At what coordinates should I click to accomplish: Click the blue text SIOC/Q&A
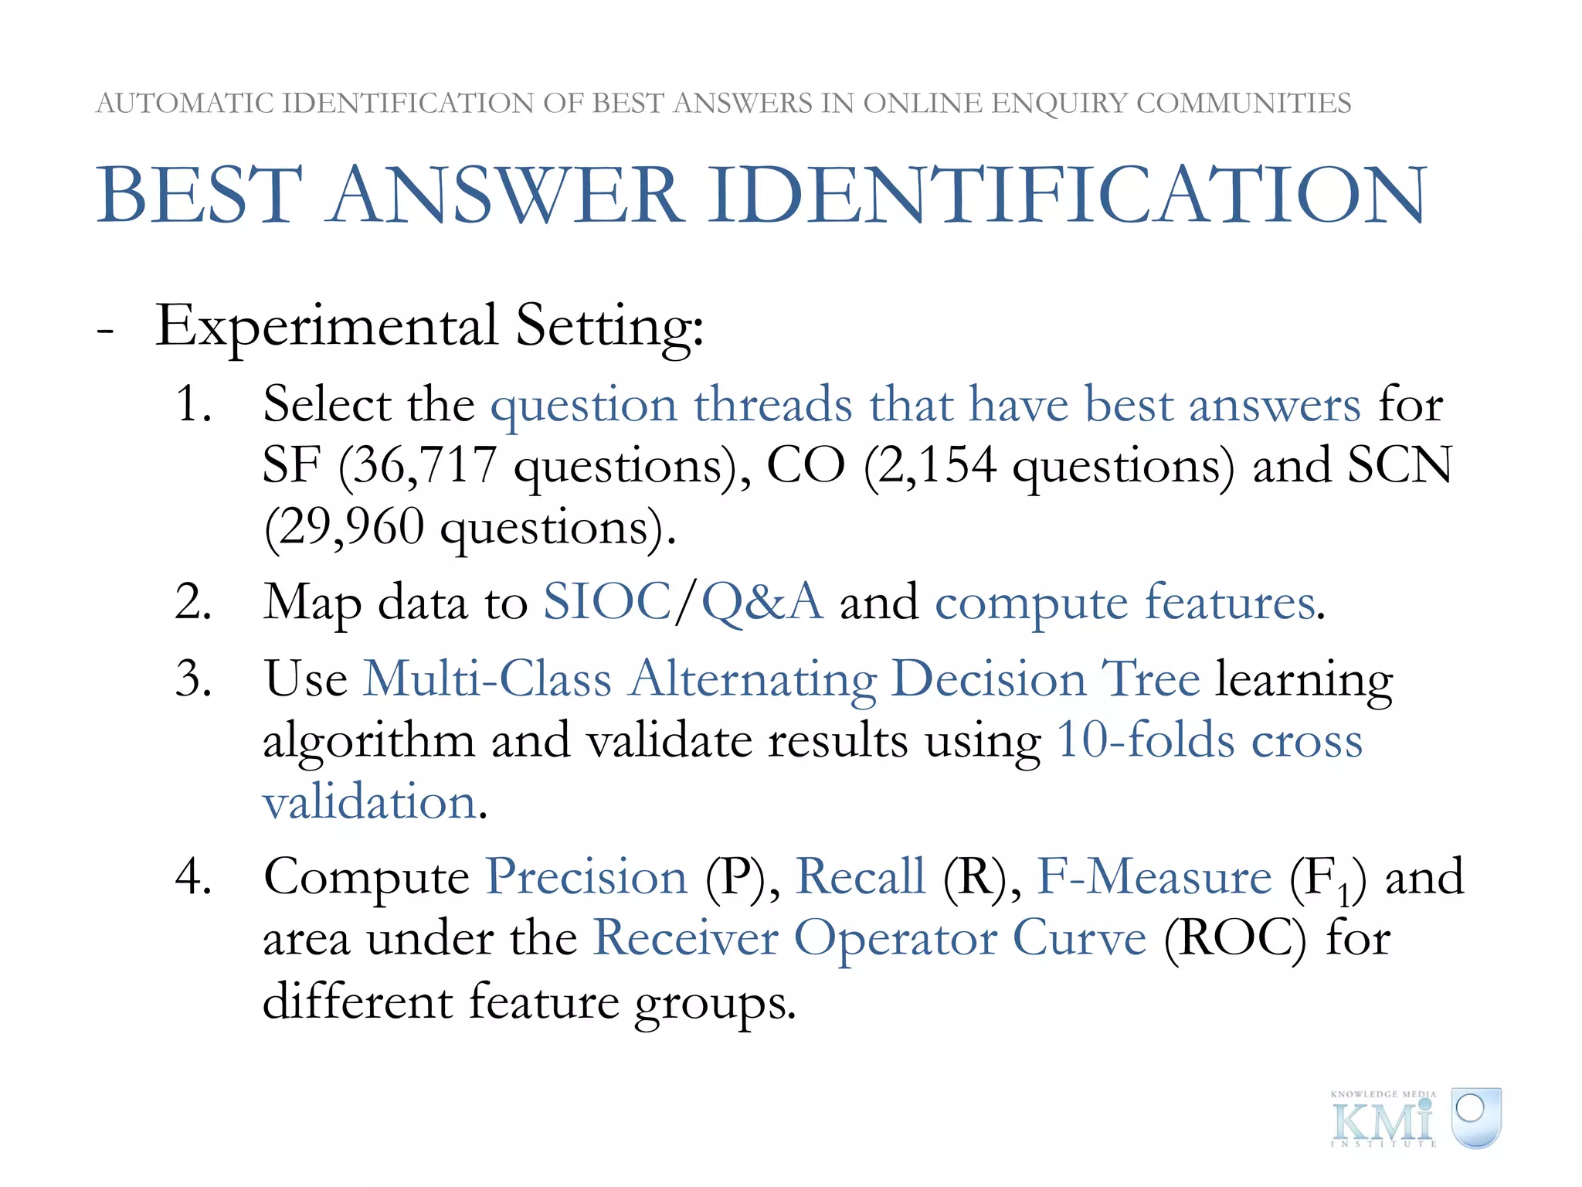click(683, 602)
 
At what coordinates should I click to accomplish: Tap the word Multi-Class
click(487, 679)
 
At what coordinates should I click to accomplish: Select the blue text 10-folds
click(1146, 740)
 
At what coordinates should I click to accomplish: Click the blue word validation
click(369, 801)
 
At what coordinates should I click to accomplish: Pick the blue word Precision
click(586, 877)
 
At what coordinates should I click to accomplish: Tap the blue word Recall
click(860, 877)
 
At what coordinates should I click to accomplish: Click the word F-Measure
click(1153, 877)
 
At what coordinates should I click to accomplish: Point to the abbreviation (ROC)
click(1234, 939)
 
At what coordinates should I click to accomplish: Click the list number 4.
click(193, 877)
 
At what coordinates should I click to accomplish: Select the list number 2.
click(193, 602)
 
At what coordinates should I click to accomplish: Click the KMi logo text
click(1383, 1121)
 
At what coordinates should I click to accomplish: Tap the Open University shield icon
click(1475, 1117)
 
